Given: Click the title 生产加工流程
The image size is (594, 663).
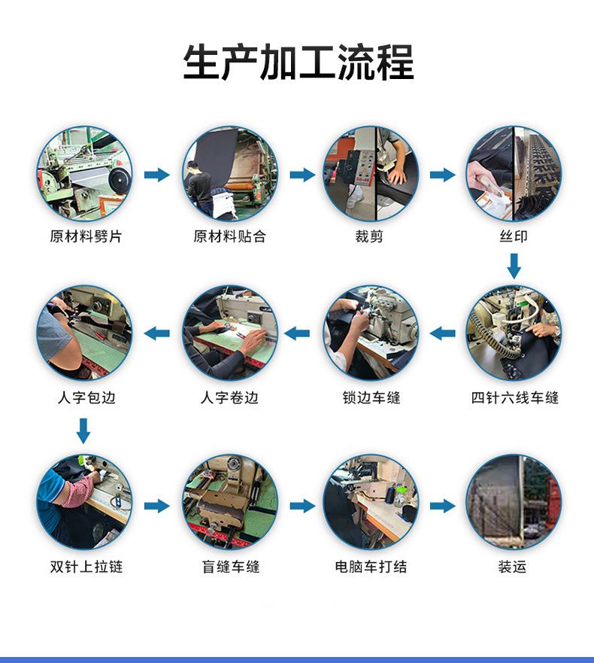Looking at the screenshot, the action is click(299, 62).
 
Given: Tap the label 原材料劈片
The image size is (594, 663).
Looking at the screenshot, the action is click(86, 236).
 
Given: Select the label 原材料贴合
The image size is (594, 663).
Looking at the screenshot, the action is click(229, 236).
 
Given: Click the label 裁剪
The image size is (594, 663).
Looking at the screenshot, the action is click(369, 236).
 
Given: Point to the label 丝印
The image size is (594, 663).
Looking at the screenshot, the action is click(514, 236).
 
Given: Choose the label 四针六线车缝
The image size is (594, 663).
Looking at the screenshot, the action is click(514, 397).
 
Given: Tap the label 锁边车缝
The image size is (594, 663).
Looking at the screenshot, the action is click(371, 397).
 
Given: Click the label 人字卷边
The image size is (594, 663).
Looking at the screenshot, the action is click(229, 397).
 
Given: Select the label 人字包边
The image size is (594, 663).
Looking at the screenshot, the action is click(86, 397).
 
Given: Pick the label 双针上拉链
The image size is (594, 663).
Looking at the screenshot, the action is click(86, 566).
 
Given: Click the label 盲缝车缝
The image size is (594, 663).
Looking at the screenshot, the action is click(231, 566).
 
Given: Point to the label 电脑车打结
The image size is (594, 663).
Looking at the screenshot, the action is click(371, 566).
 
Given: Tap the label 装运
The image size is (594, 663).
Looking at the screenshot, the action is click(512, 566).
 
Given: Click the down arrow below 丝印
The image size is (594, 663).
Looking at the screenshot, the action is click(514, 266).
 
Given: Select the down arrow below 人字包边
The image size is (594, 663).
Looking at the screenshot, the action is click(83, 431).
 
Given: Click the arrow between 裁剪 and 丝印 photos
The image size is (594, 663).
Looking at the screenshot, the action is click(443, 174).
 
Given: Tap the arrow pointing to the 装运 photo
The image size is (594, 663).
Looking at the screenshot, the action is click(443, 505).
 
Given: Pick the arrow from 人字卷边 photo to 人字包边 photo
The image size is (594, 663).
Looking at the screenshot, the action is click(156, 333).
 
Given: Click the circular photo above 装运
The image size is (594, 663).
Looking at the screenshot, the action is click(514, 502).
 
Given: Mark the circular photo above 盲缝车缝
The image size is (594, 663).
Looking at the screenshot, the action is click(230, 502).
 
